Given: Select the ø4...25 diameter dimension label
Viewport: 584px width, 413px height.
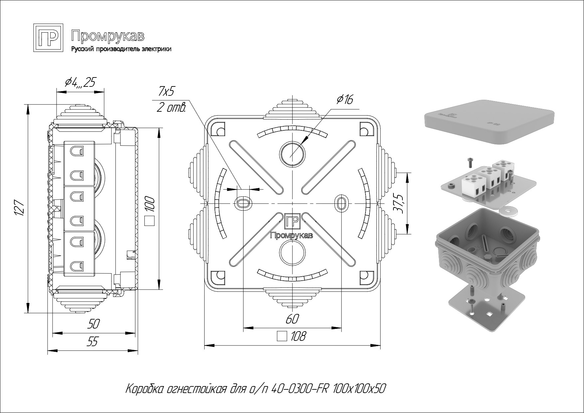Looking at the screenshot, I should [x=80, y=82].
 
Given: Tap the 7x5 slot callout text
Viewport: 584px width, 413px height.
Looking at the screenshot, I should [x=167, y=91].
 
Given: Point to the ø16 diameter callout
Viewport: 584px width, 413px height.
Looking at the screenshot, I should [x=344, y=99].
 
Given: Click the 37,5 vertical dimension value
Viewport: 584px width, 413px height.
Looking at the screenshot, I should [x=399, y=203].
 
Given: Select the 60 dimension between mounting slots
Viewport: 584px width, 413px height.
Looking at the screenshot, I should [x=292, y=319].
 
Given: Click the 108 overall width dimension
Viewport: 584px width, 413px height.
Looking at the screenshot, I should [x=298, y=337].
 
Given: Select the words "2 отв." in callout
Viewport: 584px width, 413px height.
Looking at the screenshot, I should [x=171, y=108].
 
